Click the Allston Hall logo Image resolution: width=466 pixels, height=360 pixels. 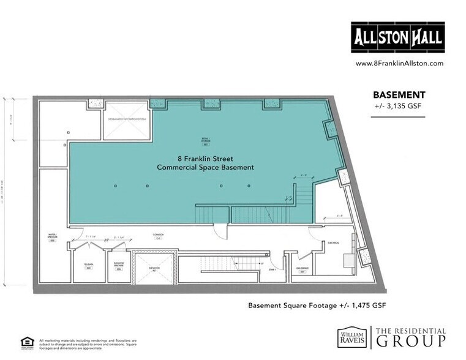[x=397, y=39]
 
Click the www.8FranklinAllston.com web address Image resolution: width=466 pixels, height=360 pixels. [x=399, y=63]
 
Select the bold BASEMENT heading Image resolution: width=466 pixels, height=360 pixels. [x=399, y=95]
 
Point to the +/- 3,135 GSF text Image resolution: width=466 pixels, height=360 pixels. [x=399, y=106]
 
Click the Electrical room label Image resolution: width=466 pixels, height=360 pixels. [x=333, y=243]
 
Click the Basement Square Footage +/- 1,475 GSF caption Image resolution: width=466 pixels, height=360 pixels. [x=316, y=305]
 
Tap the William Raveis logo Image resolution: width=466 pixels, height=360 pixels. [x=353, y=337]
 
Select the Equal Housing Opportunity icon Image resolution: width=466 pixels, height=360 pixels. [x=27, y=341]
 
